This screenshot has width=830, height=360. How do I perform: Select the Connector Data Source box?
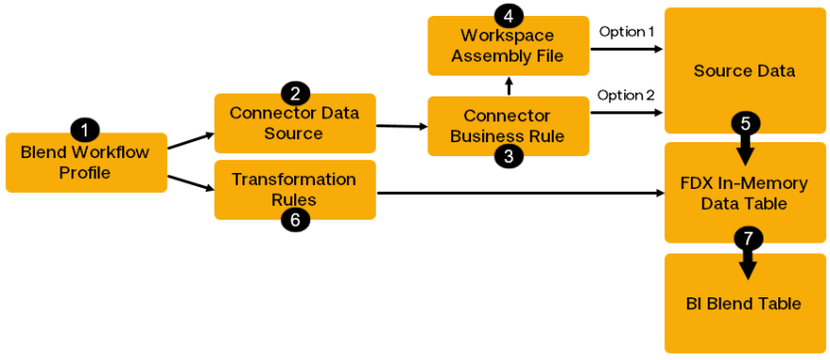[x=294, y=123]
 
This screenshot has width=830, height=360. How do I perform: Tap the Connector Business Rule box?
[x=508, y=126]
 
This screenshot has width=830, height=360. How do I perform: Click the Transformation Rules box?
[x=294, y=189]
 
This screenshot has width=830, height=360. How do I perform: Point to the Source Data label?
[x=744, y=71]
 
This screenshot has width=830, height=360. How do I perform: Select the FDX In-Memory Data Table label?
[x=744, y=193]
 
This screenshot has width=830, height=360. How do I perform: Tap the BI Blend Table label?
[x=744, y=303]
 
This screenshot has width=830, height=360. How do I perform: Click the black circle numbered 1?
[x=86, y=130]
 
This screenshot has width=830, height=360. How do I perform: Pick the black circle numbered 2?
[x=295, y=93]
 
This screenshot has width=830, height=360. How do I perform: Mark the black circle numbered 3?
[x=508, y=156]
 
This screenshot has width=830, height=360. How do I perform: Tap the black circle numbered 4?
[x=508, y=16]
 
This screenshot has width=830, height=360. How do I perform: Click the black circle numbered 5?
[x=745, y=123]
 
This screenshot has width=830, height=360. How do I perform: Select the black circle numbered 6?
[x=295, y=221]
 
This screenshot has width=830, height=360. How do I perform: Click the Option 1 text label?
[x=626, y=32]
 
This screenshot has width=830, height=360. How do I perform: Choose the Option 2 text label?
[x=626, y=95]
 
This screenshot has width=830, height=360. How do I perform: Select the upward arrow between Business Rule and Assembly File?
[x=509, y=86]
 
